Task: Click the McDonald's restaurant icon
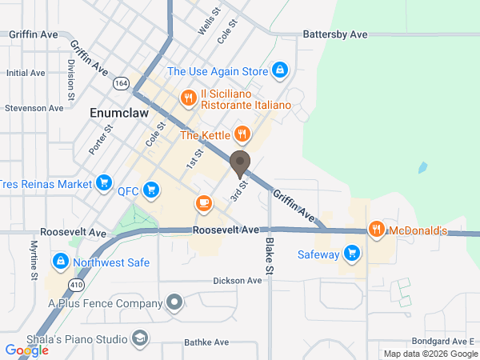click(376, 230)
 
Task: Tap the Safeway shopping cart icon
click(350, 254)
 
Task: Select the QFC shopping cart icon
click(154, 191)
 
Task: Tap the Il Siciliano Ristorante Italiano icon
click(188, 98)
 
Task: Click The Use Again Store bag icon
click(279, 71)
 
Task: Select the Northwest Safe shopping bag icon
click(60, 262)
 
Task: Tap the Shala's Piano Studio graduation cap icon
click(140, 338)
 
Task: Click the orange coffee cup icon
click(204, 204)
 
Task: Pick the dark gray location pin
click(239, 164)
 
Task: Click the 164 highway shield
click(122, 82)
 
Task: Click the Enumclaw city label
click(116, 114)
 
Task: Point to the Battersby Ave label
click(335, 35)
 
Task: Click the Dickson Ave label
click(238, 281)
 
